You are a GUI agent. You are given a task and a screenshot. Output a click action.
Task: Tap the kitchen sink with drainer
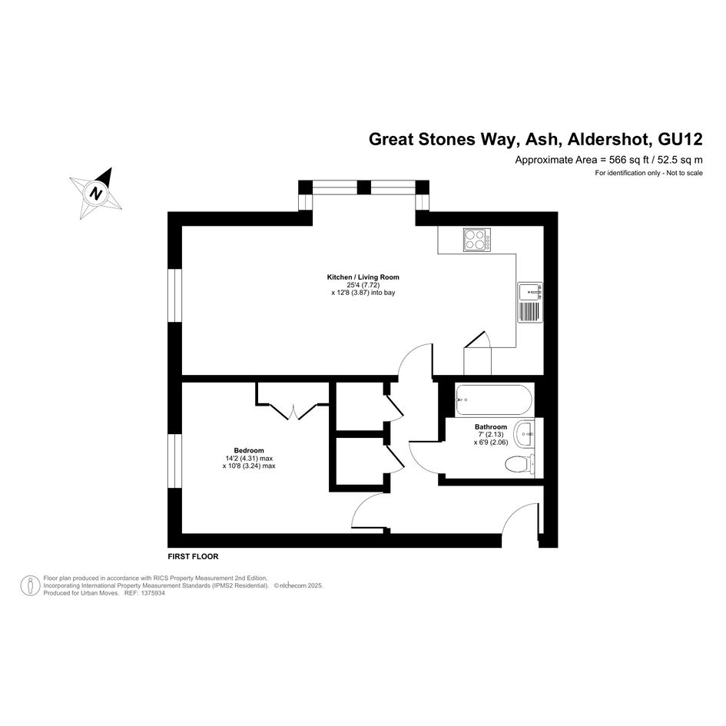pos(530,302)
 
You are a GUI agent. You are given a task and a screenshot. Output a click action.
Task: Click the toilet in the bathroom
pos(520,464)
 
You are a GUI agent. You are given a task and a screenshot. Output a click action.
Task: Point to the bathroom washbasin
pos(526,434)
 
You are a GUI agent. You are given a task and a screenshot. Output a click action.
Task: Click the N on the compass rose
pos(96,193)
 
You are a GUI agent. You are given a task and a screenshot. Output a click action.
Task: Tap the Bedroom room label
pos(249,450)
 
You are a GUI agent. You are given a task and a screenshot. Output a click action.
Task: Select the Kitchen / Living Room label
pos(363,277)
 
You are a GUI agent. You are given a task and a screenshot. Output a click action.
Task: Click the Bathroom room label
pos(491,427)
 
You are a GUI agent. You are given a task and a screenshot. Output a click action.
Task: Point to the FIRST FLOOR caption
pos(193,556)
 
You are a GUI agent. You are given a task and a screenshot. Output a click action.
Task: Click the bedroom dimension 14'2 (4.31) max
pos(249,459)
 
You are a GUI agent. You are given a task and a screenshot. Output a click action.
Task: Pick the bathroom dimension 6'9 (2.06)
pos(491,443)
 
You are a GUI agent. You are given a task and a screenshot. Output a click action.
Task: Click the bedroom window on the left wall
pos(174,461)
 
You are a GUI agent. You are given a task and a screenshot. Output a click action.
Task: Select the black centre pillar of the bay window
pos(364,187)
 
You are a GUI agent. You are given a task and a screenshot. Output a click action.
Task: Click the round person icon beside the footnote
pos(30,585)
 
